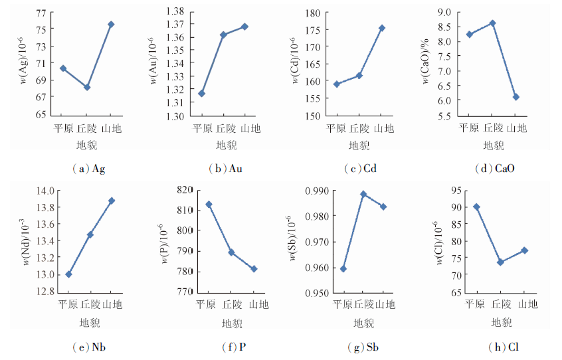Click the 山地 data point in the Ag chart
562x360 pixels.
111,25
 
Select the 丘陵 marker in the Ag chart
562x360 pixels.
87,87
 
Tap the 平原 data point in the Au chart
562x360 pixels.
202,94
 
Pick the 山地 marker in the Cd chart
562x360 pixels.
382,28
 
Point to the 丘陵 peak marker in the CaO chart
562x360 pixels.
492,23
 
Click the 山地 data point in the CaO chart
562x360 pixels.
515,97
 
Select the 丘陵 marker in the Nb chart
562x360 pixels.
90,234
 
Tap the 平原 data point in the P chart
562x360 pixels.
209,205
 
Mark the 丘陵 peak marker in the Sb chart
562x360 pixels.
363,194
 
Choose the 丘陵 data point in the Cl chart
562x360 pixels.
500,262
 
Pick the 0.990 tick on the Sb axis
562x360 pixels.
315,191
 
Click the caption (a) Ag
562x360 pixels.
88,169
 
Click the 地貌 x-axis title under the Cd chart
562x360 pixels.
359,145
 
